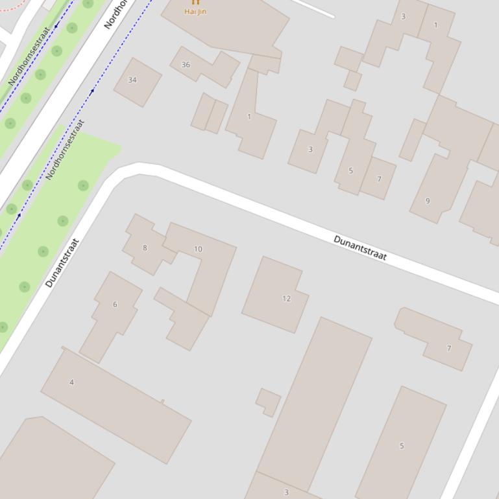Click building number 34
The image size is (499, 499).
[x=132, y=80]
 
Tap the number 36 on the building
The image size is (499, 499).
[x=186, y=65]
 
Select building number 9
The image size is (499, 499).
[x=428, y=201]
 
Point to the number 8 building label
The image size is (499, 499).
[x=145, y=248]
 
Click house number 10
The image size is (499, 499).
[x=198, y=249]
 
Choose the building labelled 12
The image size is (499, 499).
[x=287, y=299]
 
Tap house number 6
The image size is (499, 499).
[x=115, y=305]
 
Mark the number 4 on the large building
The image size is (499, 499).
[x=71, y=382]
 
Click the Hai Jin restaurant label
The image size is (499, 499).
[x=195, y=11]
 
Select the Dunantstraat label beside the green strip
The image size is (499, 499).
[x=62, y=263]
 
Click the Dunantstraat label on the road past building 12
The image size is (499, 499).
[x=360, y=248]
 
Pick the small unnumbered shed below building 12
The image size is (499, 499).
[x=269, y=402]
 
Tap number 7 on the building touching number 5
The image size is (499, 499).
[x=379, y=180]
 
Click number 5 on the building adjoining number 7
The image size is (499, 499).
[x=351, y=171]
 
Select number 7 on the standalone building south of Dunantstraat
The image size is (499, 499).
[x=449, y=349]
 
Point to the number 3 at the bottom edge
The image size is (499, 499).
[x=286, y=493]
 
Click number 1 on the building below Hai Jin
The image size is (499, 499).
[x=249, y=117]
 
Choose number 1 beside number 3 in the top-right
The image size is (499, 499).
[x=435, y=25]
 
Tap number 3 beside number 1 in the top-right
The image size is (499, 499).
[x=404, y=17]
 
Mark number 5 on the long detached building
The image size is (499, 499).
[x=402, y=446]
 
